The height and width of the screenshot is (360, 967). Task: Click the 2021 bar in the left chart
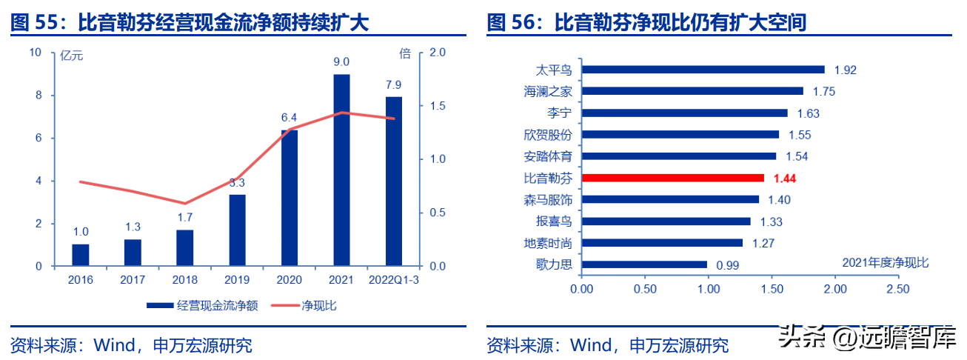coord(341,170)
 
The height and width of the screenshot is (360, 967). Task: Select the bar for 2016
coord(81,255)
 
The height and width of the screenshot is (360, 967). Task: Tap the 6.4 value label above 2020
coord(289,118)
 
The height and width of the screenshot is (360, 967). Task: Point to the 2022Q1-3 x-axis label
coord(393,280)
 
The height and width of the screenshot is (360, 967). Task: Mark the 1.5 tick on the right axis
coord(437,106)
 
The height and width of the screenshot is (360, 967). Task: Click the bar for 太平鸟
coord(703,70)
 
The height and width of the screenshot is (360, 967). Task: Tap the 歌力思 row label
coord(554,264)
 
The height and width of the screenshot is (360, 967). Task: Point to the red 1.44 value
coord(784,179)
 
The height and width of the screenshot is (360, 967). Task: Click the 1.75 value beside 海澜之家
coord(823,92)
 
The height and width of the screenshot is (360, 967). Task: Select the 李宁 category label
coord(561,113)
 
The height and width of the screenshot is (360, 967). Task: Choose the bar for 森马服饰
coord(670,199)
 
